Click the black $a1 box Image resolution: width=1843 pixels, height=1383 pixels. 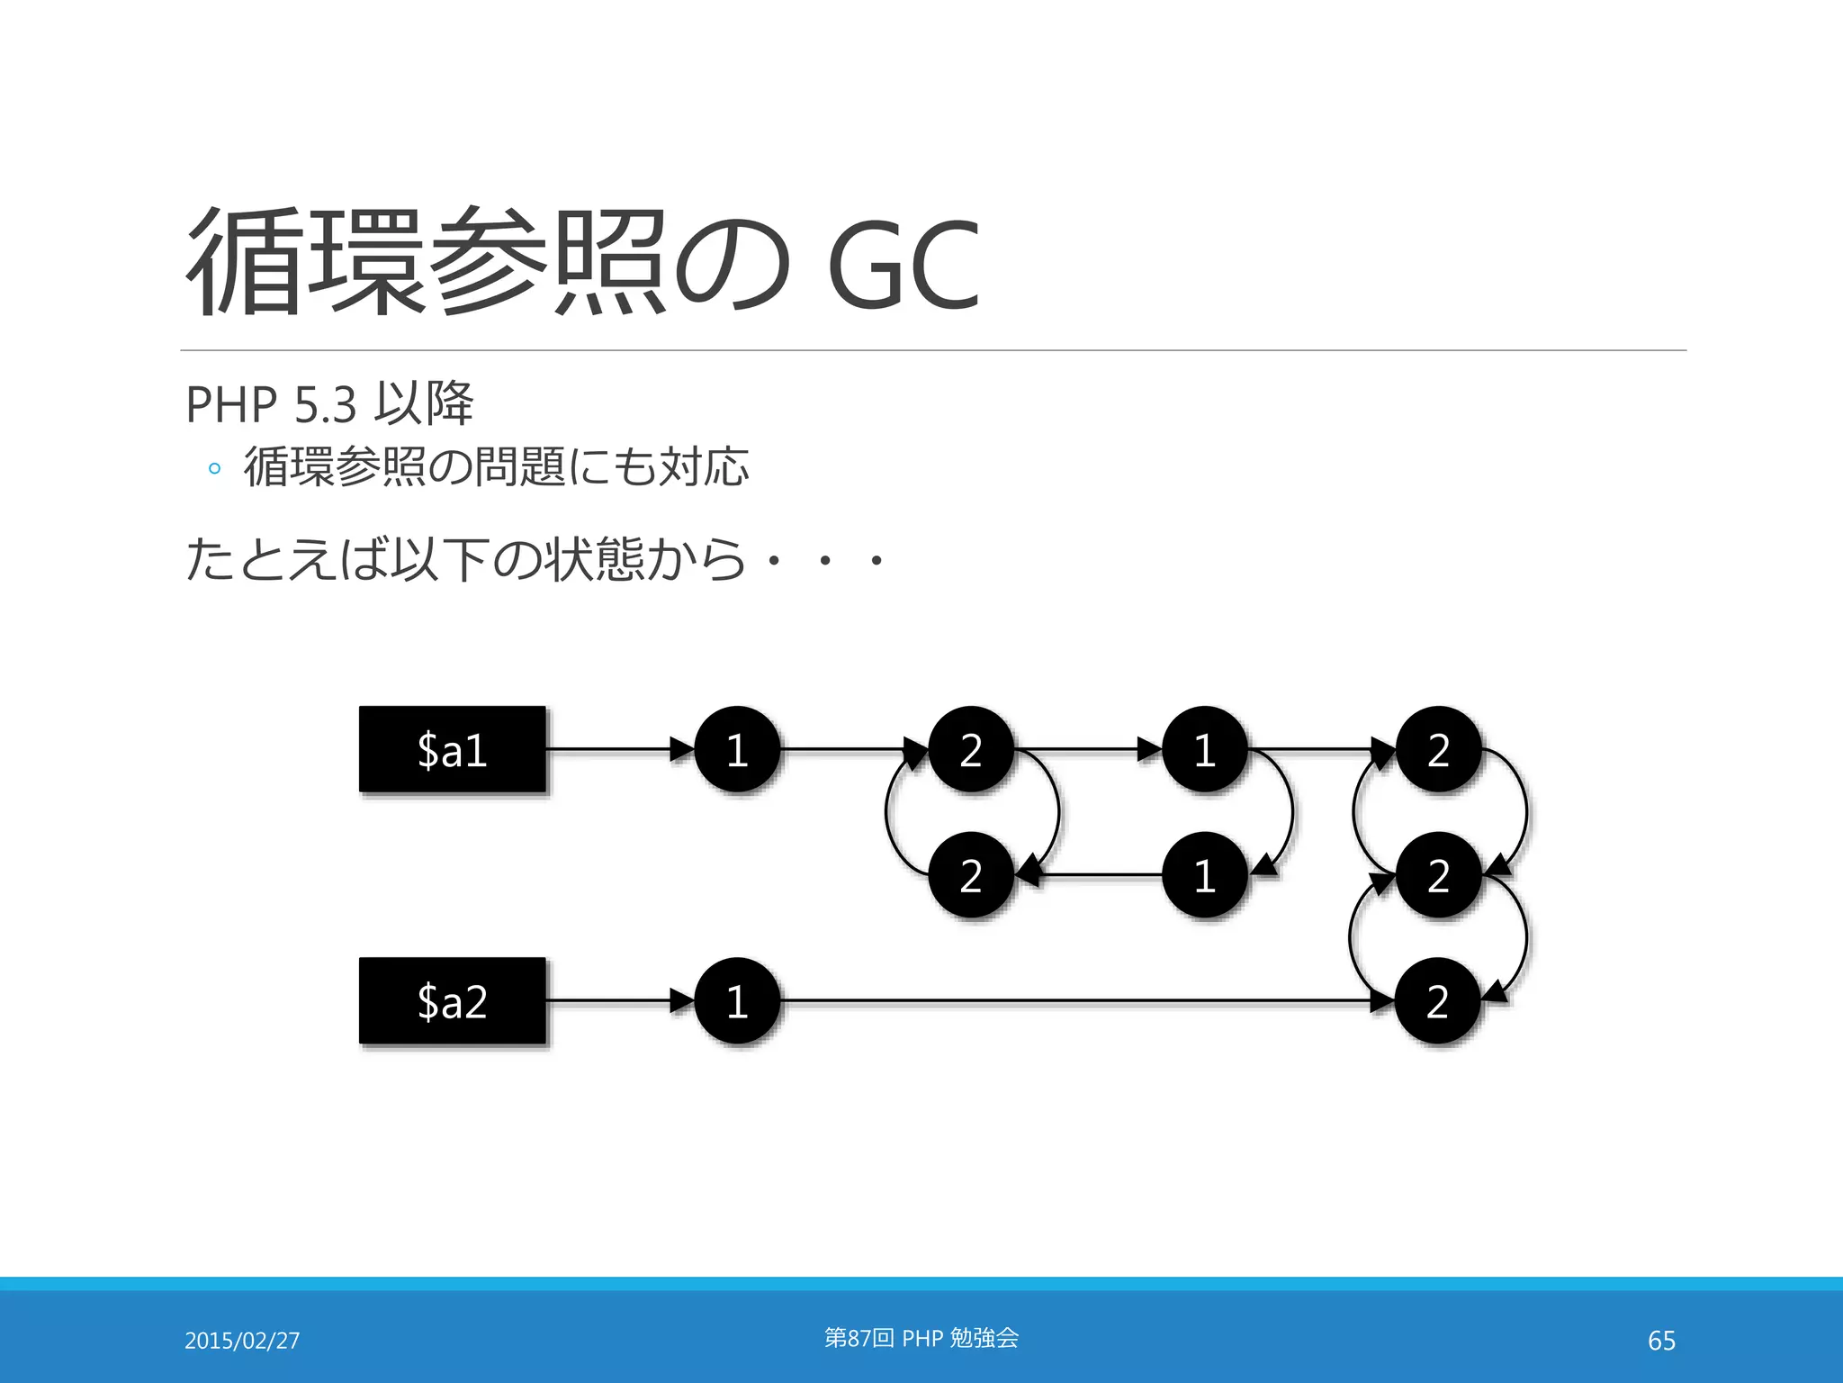tap(452, 749)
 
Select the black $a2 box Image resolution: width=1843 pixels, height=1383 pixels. tap(452, 1000)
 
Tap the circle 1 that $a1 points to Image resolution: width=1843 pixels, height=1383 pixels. tap(737, 749)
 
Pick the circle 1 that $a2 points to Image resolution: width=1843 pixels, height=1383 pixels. tap(737, 1000)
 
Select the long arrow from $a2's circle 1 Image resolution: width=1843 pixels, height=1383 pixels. tap(1080, 1000)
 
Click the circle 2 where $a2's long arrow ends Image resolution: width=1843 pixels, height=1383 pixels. tap(1437, 1000)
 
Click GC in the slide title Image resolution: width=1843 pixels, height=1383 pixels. tap(902, 266)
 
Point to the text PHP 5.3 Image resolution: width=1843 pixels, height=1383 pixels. tap(271, 404)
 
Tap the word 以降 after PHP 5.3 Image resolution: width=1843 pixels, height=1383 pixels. tap(423, 403)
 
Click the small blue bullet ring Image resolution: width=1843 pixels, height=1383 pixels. tap(214, 468)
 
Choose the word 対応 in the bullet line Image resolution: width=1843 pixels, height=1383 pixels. tap(704, 466)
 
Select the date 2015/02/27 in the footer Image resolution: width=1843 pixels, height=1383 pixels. tap(242, 1341)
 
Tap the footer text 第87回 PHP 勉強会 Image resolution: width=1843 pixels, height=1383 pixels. tap(921, 1338)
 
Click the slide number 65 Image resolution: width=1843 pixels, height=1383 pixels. tap(1661, 1341)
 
